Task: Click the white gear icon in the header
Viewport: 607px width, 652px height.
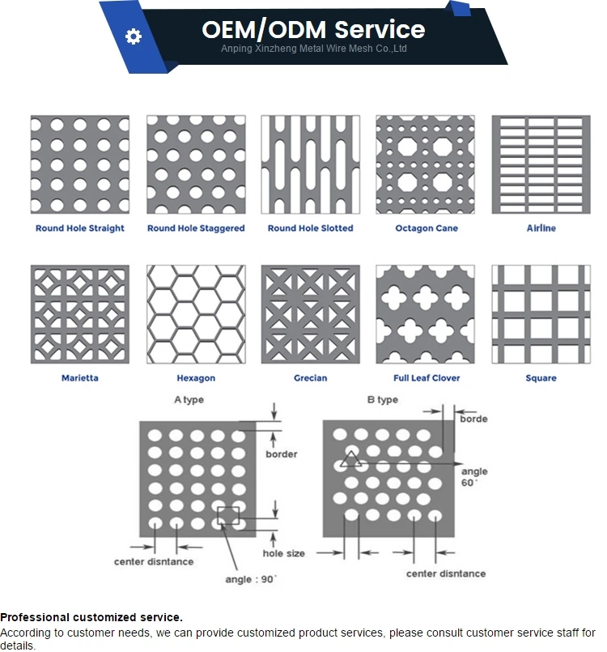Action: tap(134, 36)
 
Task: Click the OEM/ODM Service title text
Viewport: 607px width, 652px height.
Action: tap(313, 30)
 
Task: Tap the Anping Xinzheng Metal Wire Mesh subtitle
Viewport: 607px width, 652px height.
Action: tap(314, 49)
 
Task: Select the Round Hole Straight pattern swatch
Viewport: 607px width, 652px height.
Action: tap(80, 164)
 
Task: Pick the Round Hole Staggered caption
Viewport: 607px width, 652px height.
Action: tap(196, 228)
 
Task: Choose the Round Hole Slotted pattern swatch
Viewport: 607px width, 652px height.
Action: tap(310, 164)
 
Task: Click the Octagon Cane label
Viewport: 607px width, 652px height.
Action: tap(427, 228)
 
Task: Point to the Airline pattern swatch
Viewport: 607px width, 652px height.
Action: tap(541, 164)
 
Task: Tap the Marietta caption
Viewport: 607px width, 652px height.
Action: tap(80, 378)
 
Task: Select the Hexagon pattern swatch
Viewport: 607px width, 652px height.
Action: tap(196, 314)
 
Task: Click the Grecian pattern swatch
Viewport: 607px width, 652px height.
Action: tap(310, 314)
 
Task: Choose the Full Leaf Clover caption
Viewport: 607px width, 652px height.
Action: tap(427, 378)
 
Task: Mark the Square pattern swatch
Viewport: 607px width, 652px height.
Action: tap(541, 314)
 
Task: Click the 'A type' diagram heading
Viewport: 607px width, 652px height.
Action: tap(189, 400)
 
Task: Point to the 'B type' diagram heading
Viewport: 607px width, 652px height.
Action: tap(382, 400)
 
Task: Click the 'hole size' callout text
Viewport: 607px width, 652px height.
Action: tap(284, 553)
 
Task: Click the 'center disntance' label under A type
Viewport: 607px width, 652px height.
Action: tap(154, 562)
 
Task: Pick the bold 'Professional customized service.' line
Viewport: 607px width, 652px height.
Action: tap(91, 618)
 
